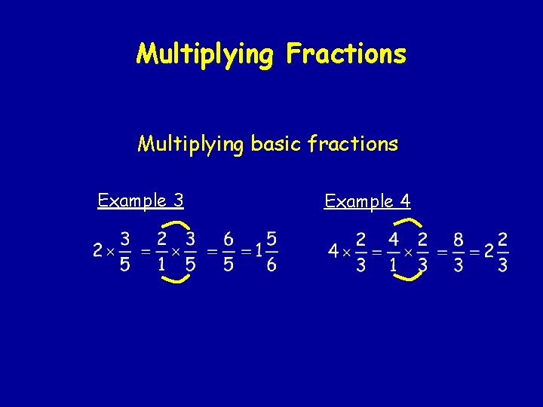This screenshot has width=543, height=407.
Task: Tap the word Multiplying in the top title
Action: click(x=204, y=54)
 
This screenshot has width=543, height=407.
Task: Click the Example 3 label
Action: click(x=140, y=200)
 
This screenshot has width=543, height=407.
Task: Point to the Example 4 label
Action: click(x=367, y=201)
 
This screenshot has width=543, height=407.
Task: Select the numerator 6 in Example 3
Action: click(x=228, y=239)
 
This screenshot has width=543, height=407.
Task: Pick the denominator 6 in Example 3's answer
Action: click(x=271, y=264)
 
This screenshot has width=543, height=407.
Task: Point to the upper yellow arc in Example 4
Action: click(x=408, y=221)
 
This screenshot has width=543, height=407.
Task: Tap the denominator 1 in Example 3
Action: click(x=161, y=265)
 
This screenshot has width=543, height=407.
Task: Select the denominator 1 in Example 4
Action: click(x=393, y=265)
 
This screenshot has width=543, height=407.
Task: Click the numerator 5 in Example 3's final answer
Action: click(x=271, y=239)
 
